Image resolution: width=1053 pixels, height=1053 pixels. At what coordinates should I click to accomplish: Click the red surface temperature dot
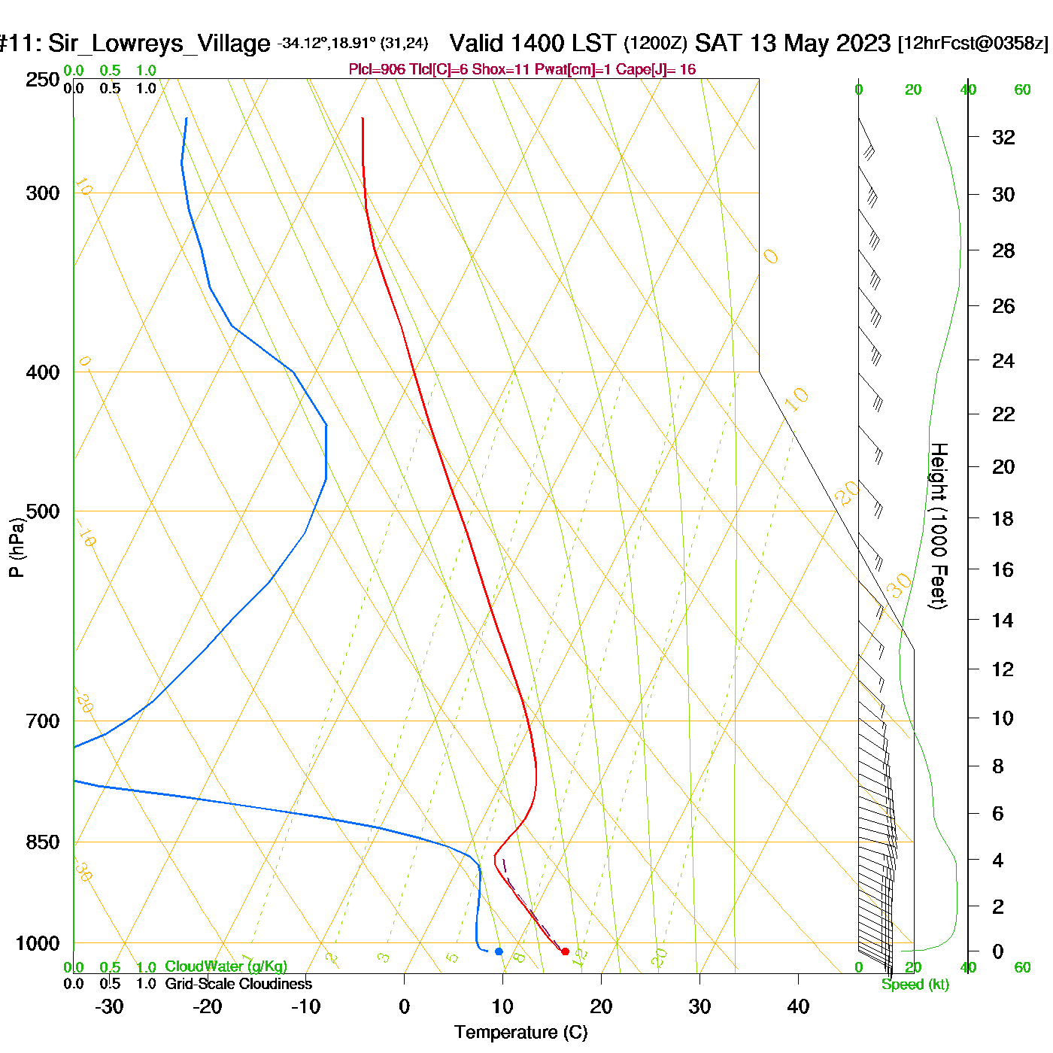[565, 951]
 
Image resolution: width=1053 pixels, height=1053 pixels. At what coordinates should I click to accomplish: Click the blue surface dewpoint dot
[499, 951]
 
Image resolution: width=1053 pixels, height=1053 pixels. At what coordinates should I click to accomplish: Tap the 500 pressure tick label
[43, 511]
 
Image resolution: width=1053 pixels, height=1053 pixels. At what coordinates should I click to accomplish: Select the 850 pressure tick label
[43, 842]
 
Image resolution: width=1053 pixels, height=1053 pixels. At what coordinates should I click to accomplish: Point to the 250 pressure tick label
[43, 80]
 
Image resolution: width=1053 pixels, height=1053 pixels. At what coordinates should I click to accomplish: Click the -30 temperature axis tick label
[109, 1006]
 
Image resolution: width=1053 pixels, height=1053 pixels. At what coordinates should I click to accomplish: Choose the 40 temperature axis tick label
[798, 1006]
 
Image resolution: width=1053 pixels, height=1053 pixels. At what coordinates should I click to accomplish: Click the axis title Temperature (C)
[520, 1033]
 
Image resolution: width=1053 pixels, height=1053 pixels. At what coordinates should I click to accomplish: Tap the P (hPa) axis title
[17, 548]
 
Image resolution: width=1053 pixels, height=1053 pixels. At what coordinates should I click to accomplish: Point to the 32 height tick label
[1003, 138]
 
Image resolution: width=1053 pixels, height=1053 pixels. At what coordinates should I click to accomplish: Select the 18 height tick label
[1003, 518]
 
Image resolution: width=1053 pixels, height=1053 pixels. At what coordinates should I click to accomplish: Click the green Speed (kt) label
[915, 985]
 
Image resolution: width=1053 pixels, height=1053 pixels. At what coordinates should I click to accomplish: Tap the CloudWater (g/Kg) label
[226, 967]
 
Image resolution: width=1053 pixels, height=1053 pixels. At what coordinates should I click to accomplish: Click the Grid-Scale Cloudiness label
[238, 984]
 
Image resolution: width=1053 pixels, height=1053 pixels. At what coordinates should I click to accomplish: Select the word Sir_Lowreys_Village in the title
[159, 44]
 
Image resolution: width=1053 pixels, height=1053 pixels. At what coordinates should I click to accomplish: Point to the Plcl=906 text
[377, 70]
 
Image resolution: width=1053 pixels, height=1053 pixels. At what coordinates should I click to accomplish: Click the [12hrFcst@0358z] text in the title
[973, 44]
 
